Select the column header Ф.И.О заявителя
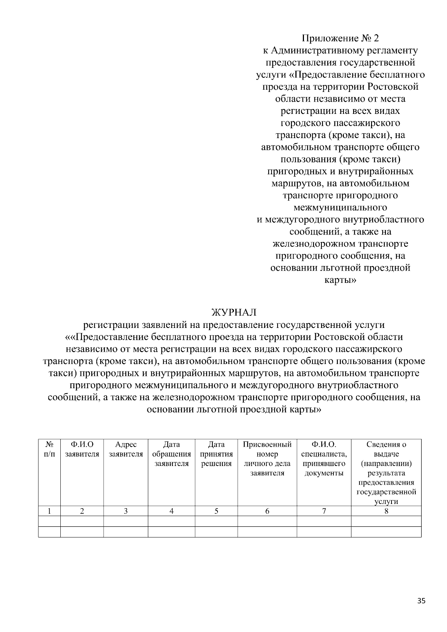point(82,449)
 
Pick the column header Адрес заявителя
point(126,449)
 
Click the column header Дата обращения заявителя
point(171,454)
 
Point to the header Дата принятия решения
point(216,454)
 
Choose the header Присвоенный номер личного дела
point(267,459)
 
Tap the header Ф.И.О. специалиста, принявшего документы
point(324,459)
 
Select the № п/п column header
point(50,449)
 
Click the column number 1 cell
point(49,511)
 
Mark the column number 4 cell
point(171,511)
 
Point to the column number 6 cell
point(267,511)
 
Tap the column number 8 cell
point(386,511)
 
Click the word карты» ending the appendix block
point(340,280)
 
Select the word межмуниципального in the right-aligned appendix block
point(340,207)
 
